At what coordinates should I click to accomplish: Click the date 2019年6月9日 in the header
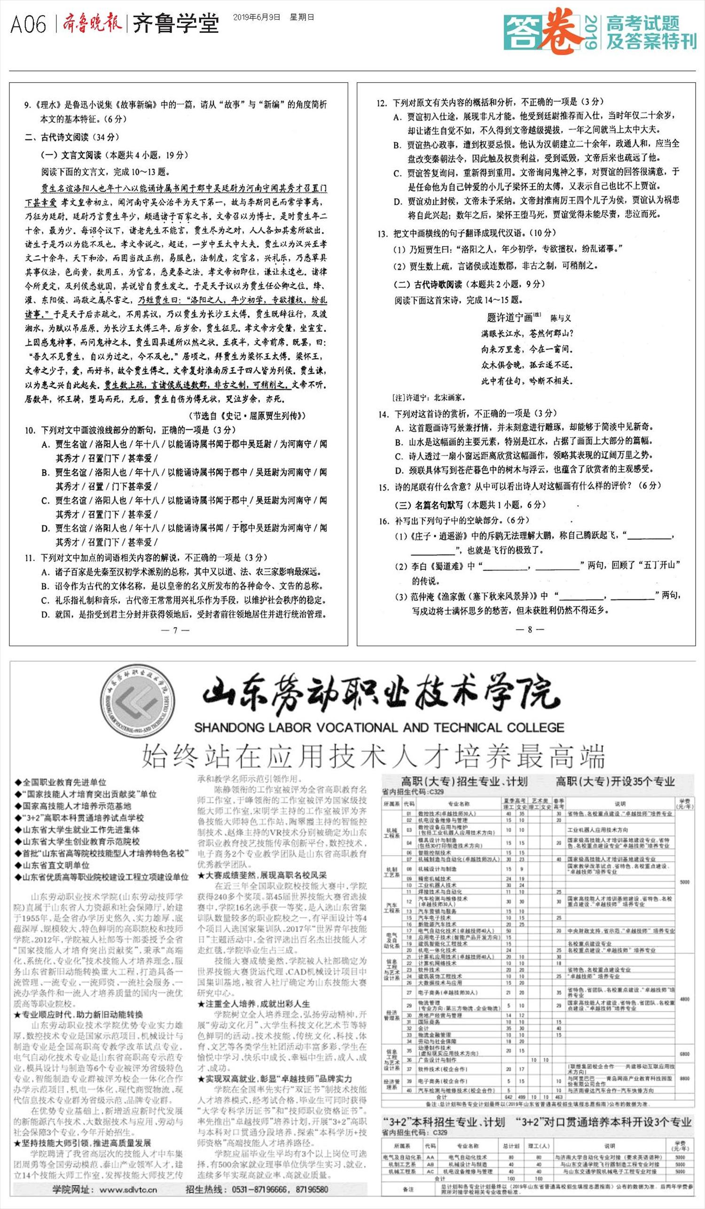(256, 17)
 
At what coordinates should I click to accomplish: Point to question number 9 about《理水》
(28, 105)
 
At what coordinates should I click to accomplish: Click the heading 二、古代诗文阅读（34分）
(71, 137)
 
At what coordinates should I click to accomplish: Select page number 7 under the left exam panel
(175, 630)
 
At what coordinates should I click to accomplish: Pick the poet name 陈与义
(561, 317)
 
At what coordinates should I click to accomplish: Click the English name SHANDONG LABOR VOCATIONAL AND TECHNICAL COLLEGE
(379, 727)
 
